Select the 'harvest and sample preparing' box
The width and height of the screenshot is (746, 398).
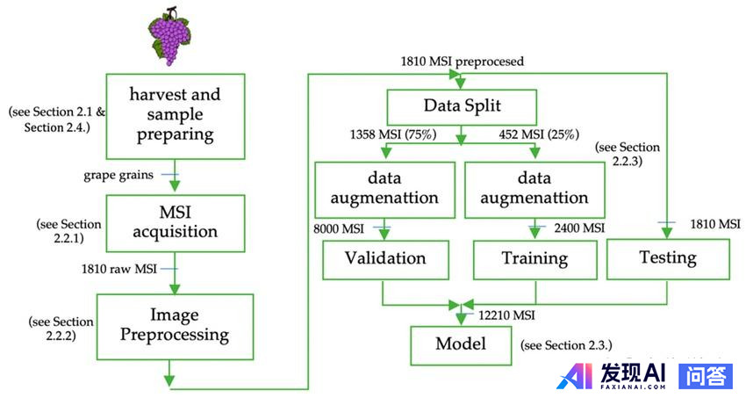tap(175, 115)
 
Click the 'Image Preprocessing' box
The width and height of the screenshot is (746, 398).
tap(175, 325)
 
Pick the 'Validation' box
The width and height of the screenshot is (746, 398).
tap(385, 258)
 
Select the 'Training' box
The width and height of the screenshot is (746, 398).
tap(534, 259)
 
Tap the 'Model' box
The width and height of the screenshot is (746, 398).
tap(461, 343)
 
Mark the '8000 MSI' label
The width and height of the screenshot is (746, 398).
tap(340, 228)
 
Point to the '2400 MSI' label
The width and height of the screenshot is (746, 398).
tap(578, 228)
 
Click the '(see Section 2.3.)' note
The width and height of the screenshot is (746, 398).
tap(566, 344)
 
